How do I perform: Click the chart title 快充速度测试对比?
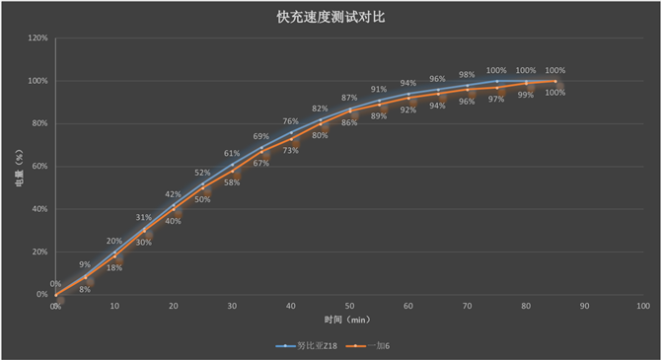click(x=330, y=17)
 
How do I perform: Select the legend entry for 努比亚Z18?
click(x=305, y=346)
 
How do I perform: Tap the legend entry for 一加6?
click(x=376, y=346)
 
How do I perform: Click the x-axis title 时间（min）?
click(x=349, y=321)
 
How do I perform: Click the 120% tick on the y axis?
click(x=37, y=38)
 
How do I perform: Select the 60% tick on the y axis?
click(x=39, y=167)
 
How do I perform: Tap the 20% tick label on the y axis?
click(x=39, y=252)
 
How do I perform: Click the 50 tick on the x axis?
click(x=349, y=307)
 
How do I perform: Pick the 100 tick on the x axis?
click(x=642, y=307)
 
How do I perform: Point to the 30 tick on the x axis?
click(x=232, y=307)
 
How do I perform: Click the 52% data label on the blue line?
click(x=202, y=174)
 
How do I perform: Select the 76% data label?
click(x=291, y=121)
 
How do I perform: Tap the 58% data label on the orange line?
click(x=232, y=182)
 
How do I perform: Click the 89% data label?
click(x=379, y=116)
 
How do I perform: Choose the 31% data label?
click(x=144, y=217)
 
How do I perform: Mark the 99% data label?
click(x=526, y=95)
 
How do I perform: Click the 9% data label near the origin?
click(x=85, y=264)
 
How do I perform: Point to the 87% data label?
click(x=349, y=98)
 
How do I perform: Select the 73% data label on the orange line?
click(x=291, y=151)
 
